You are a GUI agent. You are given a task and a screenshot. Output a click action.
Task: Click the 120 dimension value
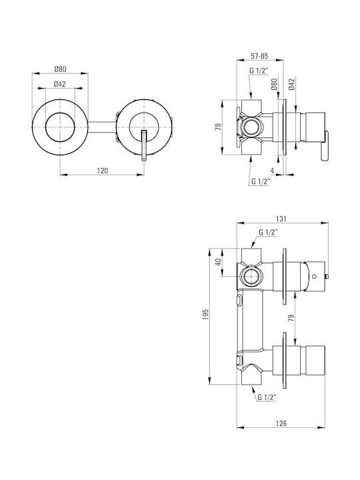coord(102,171)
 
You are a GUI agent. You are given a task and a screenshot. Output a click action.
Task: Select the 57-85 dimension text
coord(259,56)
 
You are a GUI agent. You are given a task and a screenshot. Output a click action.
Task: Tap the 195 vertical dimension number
coord(205,315)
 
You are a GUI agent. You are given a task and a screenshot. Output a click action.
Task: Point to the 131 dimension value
coord(281,219)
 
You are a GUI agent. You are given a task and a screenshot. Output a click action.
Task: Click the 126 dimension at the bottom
coord(281,423)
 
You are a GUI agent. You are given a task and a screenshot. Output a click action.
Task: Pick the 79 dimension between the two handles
coord(291,318)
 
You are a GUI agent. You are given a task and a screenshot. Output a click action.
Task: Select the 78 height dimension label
coord(218,127)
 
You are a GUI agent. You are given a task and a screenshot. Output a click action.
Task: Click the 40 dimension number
coord(218,263)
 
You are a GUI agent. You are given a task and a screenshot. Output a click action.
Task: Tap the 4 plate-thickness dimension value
coord(273,171)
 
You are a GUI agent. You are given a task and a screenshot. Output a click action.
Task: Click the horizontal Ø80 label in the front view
coord(60,69)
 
